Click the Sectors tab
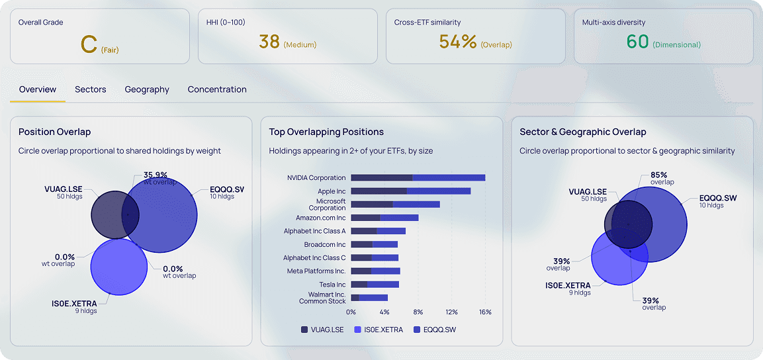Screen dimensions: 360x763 tap(90, 89)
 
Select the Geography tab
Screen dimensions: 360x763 tap(147, 89)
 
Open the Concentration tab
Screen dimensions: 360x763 tap(217, 89)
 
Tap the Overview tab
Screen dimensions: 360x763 tap(38, 89)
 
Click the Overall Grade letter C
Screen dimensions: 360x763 tap(89, 44)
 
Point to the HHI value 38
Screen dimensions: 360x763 tap(269, 42)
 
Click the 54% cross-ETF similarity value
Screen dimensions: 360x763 tap(458, 42)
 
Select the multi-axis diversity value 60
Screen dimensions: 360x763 tap(637, 42)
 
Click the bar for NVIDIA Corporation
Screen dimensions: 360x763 tap(418, 177)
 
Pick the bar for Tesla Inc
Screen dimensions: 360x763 tap(375, 285)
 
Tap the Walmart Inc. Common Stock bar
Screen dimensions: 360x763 tap(369, 298)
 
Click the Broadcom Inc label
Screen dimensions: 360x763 tap(325, 244)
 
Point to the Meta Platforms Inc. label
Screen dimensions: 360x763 tap(316, 271)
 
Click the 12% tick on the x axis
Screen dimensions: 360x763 tap(451, 312)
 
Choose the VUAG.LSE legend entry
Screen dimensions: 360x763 tap(323, 330)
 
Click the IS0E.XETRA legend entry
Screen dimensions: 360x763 tap(379, 330)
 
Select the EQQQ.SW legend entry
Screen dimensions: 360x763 tap(435, 330)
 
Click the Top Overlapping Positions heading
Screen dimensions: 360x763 tap(326, 132)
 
